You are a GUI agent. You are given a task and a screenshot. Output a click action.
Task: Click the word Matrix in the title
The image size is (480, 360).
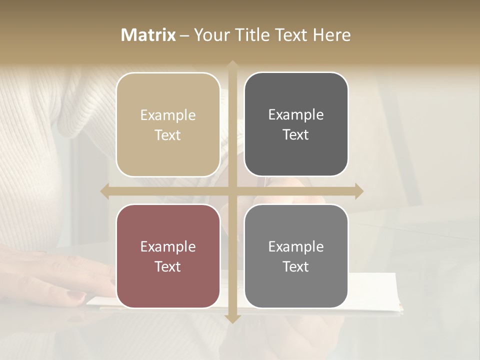coord(148,35)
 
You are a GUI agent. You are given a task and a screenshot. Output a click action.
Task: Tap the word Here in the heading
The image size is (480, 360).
coord(331,35)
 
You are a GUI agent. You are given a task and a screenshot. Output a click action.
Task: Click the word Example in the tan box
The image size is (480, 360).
coord(168,115)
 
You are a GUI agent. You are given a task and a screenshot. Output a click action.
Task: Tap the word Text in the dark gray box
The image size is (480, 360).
coord(296,135)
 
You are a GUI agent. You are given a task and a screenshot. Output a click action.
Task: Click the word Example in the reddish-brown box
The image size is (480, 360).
coord(168,247)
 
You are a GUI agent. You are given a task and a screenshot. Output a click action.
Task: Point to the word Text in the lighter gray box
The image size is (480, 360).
coord(296,267)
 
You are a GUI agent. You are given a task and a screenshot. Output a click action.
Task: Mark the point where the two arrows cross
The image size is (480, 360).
coord(232,191)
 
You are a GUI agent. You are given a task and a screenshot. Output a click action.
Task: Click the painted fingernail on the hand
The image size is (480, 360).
coord(75,296)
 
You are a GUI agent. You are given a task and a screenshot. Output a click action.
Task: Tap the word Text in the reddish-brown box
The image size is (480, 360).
coord(168,267)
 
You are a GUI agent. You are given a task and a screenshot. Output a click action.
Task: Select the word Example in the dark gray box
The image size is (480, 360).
coord(296,115)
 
